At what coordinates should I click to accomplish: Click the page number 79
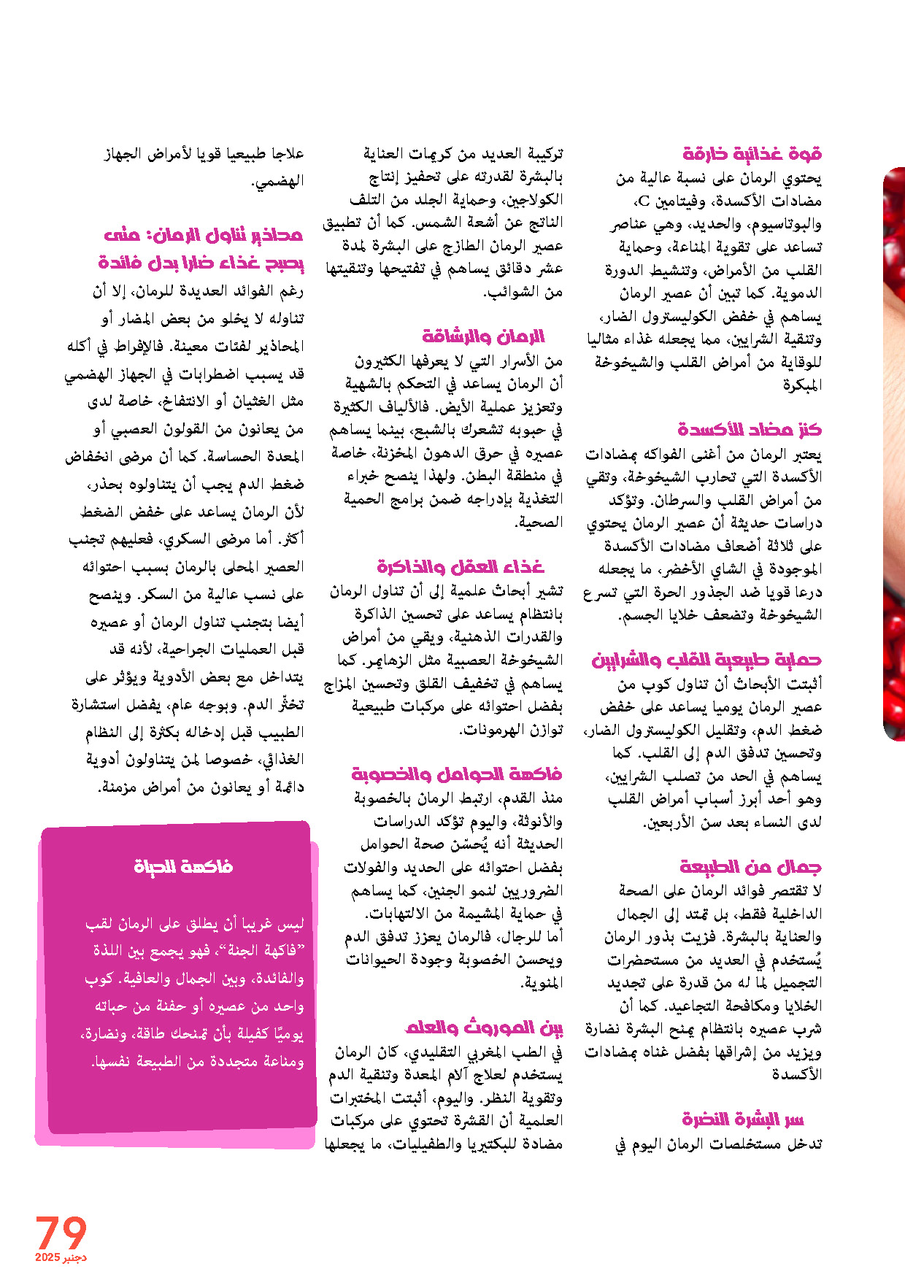coord(61,1232)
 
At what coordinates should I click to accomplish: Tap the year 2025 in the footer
coord(47,1257)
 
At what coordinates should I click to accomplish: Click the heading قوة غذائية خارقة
coord(752,154)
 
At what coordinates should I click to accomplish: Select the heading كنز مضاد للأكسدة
coord(750,429)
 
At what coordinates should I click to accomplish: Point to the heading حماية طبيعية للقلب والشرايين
coord(706,660)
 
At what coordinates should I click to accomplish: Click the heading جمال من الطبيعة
coord(750,867)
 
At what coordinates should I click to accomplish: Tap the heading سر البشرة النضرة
coord(742,1119)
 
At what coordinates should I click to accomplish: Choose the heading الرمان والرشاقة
coord(483,336)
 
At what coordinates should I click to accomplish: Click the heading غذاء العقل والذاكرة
coord(461,567)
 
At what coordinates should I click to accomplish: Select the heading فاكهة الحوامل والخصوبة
coord(456,774)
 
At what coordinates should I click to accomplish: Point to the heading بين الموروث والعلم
coord(484,1028)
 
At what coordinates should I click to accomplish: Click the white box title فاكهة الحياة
coord(183,866)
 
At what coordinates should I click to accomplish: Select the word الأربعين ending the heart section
coord(667,822)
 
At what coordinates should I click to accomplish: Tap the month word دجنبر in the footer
coord(74,1257)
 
